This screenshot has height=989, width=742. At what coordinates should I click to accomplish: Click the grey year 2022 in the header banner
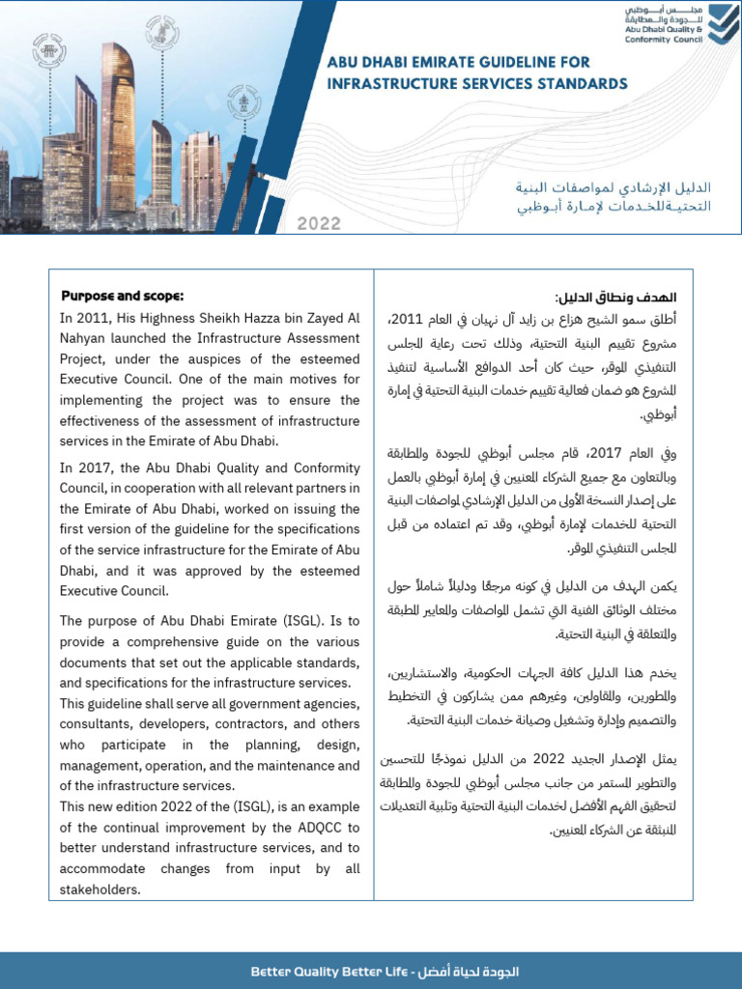[319, 223]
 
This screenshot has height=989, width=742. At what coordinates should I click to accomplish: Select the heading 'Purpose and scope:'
[122, 295]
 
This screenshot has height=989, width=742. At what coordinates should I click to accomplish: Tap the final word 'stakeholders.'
[100, 890]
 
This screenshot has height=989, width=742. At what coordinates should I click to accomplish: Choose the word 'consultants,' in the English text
[100, 724]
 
